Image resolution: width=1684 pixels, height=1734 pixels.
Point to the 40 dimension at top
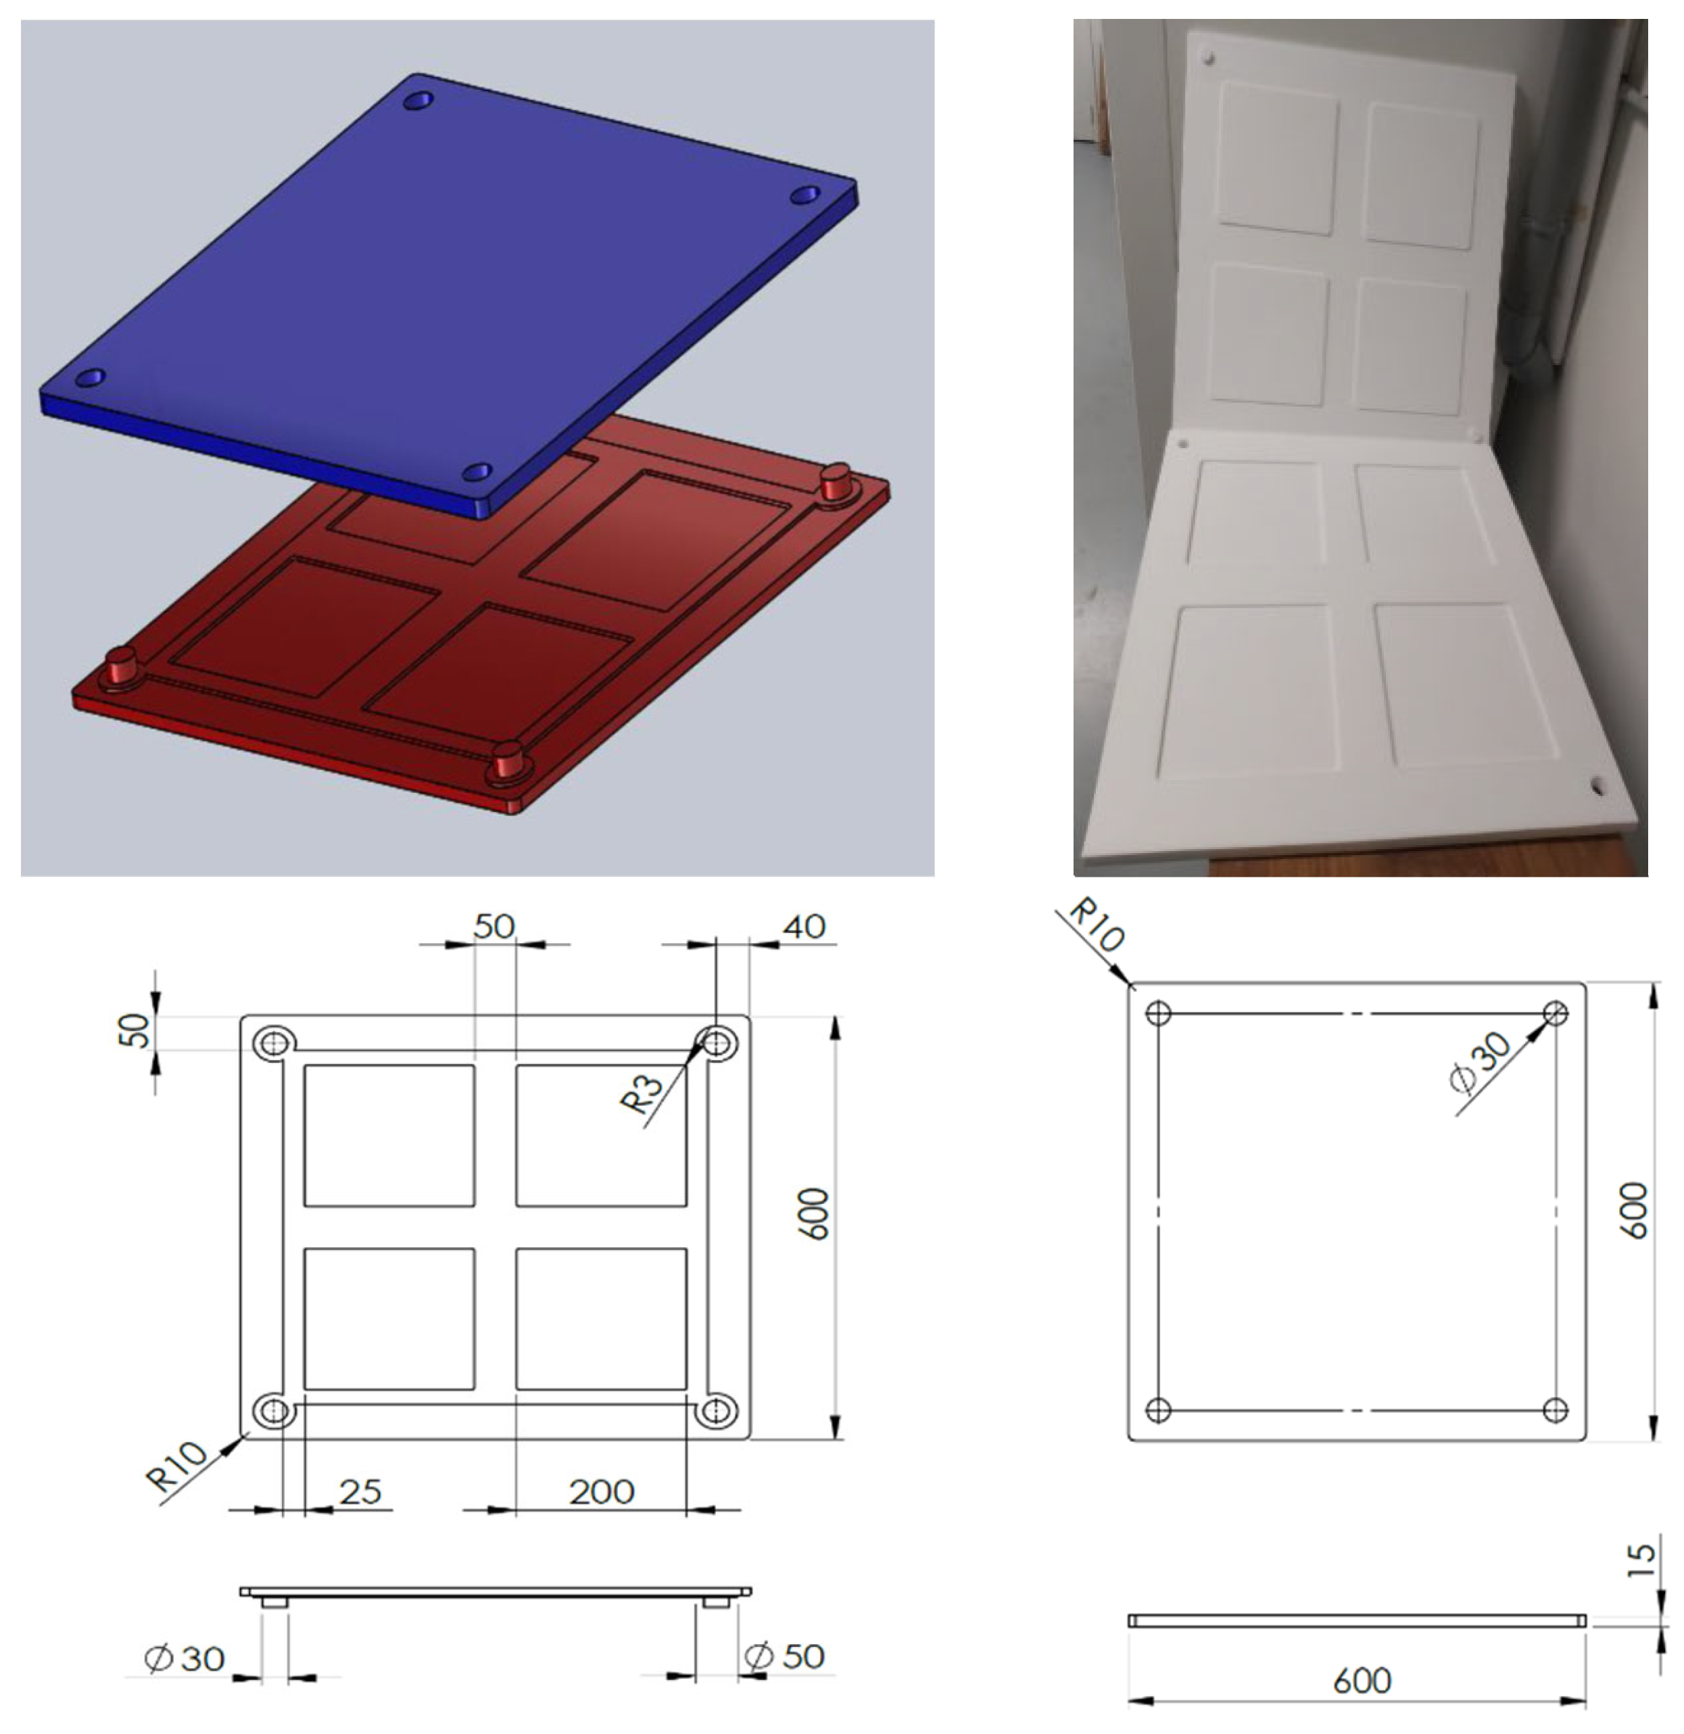[804, 927]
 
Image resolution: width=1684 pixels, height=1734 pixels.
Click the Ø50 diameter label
[785, 1656]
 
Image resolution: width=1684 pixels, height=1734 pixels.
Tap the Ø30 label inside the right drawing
[1481, 1064]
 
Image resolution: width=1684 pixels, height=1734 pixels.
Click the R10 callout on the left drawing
[178, 1466]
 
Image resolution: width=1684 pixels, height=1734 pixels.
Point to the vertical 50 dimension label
[135, 1031]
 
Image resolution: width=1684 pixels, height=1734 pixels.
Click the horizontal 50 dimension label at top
[494, 927]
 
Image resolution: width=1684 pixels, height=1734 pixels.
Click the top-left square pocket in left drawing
[389, 1135]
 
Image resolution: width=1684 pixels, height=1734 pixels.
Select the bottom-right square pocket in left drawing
[601, 1318]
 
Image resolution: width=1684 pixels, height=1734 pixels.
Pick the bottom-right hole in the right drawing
[1555, 1410]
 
